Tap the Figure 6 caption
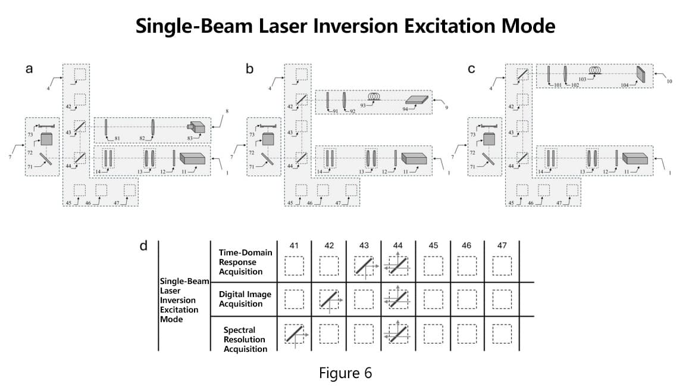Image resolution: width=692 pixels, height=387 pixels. [x=345, y=373]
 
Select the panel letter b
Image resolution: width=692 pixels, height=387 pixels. [x=249, y=69]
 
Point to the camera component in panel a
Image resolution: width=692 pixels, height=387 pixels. [x=196, y=127]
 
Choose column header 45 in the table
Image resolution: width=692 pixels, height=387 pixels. [x=433, y=245]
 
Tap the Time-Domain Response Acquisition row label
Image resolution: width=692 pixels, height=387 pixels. [x=245, y=262]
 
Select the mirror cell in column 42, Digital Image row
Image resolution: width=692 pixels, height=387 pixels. [x=329, y=299]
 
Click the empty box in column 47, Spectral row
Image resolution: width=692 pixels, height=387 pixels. [x=502, y=334]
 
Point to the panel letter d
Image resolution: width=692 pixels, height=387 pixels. [x=143, y=246]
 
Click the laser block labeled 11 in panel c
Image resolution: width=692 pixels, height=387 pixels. [x=635, y=158]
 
